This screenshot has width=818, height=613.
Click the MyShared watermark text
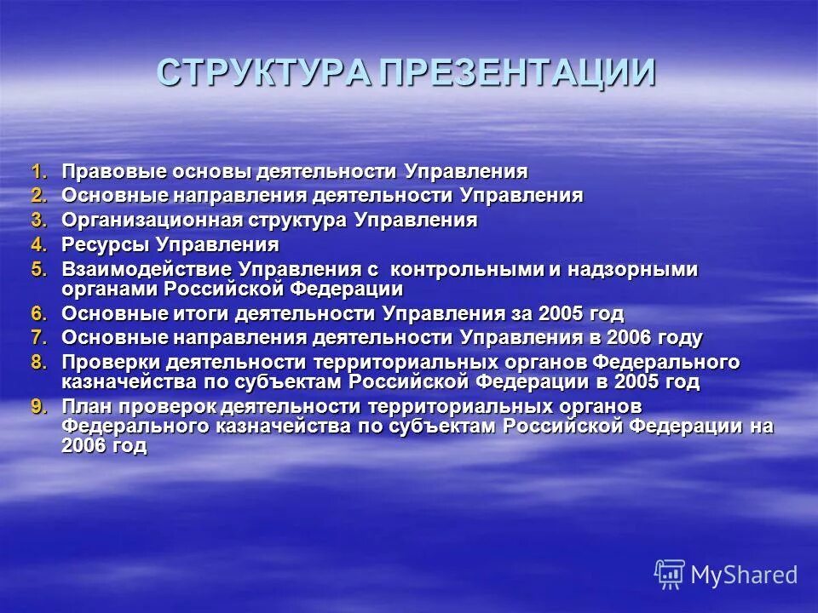(x=744, y=575)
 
